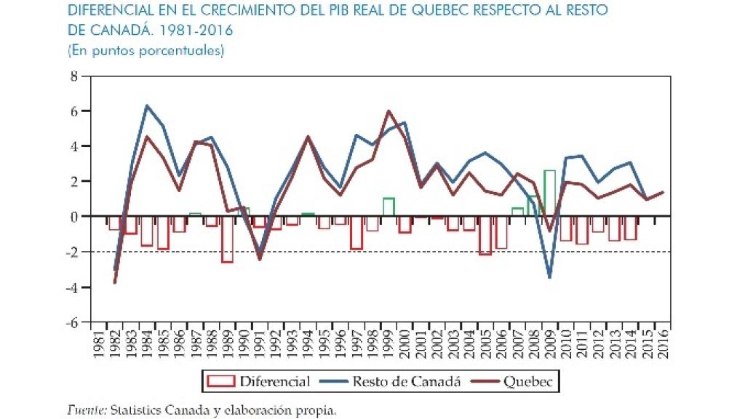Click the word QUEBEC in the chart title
tap(449, 12)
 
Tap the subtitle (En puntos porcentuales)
tap(146, 51)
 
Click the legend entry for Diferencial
tap(259, 381)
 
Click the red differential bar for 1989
tap(228, 239)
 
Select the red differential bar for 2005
tap(485, 235)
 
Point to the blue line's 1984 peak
tap(147, 105)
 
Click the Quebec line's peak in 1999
tap(389, 111)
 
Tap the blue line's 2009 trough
tap(549, 277)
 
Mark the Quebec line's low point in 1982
tap(115, 282)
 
